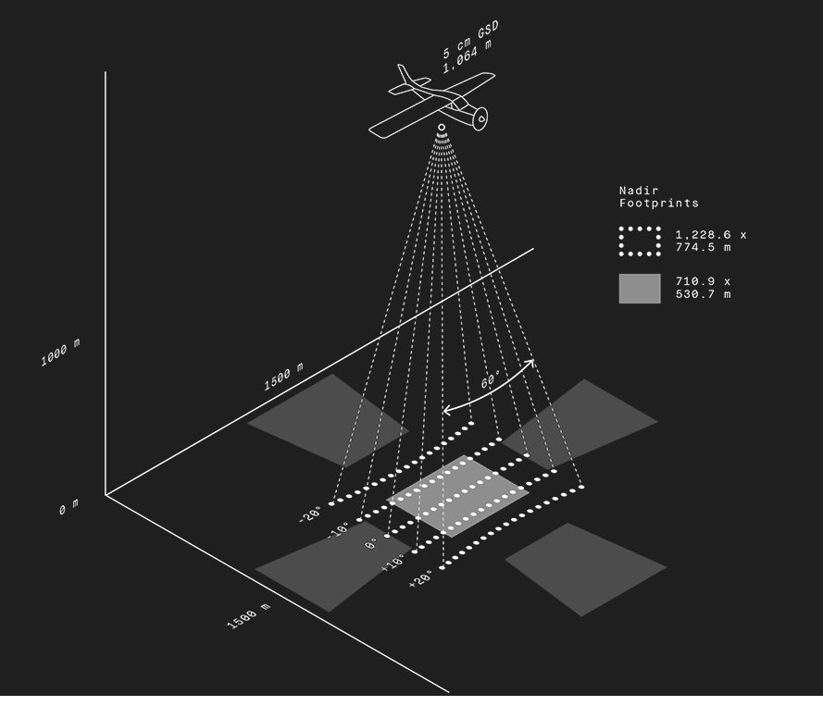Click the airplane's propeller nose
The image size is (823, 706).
tap(480, 118)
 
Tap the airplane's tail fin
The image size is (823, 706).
tap(405, 73)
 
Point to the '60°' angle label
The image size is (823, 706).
tap(491, 380)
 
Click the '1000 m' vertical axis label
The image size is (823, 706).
tap(60, 353)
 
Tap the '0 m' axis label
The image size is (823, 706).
tap(69, 508)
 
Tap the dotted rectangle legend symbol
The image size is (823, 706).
tap(640, 242)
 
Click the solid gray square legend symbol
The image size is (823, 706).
tap(640, 288)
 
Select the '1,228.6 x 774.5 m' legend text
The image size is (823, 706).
tap(710, 242)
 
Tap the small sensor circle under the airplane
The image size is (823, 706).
tap(442, 127)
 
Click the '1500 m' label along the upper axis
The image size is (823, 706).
tap(283, 377)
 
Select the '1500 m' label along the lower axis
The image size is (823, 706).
tap(249, 616)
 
